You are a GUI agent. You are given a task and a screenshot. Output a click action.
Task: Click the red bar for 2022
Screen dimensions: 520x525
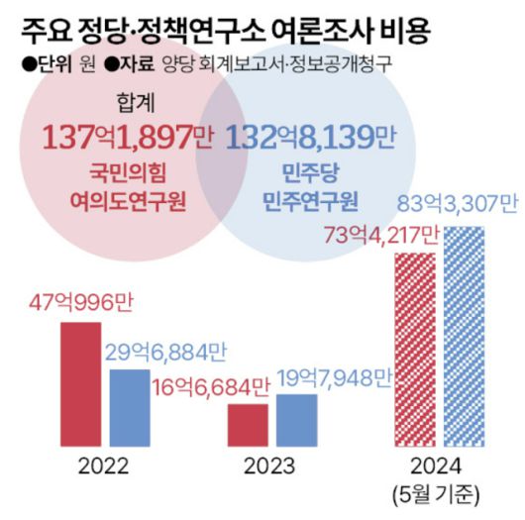pyautogui.click(x=80, y=383)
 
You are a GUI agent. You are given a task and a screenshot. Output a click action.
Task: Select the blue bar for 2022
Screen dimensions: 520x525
pyautogui.click(x=129, y=407)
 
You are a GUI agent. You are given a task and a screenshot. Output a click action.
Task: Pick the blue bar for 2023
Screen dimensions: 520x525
pyautogui.click(x=296, y=420)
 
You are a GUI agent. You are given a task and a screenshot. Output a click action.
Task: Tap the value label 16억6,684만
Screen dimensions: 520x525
pyautogui.click(x=210, y=388)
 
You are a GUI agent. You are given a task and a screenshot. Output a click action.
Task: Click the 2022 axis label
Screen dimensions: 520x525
pyautogui.click(x=104, y=467)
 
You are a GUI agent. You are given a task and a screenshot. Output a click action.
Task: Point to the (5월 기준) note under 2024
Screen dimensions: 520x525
pyautogui.click(x=440, y=492)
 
